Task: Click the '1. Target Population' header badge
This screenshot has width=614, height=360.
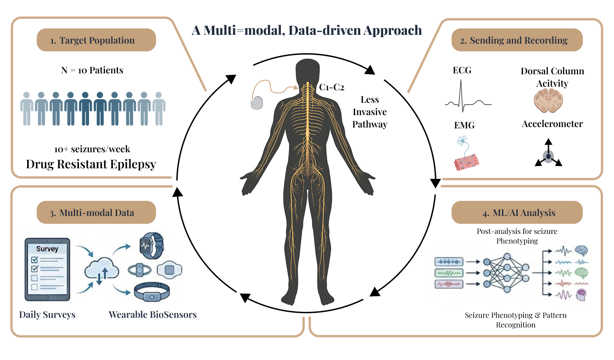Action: [96, 40]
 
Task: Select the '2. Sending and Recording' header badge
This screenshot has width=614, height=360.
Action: [517, 40]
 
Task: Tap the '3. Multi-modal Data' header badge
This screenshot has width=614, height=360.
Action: [96, 212]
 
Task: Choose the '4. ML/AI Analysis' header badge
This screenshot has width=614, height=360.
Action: [517, 213]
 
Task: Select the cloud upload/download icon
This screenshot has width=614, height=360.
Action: [102, 272]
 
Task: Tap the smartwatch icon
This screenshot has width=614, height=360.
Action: [150, 246]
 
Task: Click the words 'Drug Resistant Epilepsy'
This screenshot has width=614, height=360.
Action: [91, 164]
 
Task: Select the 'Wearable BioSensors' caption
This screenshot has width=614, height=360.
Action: [152, 315]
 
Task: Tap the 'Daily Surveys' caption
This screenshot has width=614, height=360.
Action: [47, 315]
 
